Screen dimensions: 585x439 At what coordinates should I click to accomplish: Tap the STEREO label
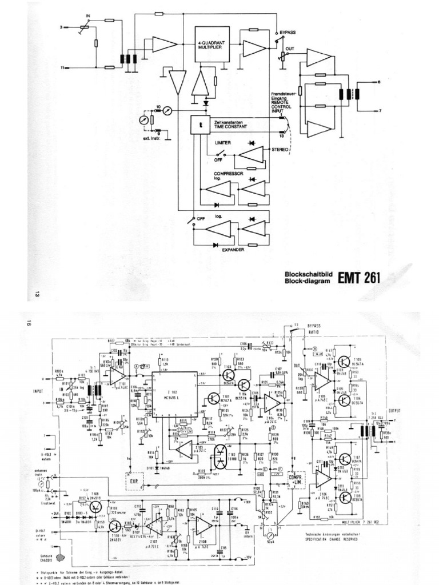[x=280, y=149]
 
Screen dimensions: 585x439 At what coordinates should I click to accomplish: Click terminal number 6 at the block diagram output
[x=378, y=83]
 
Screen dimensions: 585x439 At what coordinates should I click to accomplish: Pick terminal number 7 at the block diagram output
[x=378, y=110]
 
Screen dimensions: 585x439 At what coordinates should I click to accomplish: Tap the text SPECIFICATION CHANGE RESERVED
[x=328, y=538]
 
